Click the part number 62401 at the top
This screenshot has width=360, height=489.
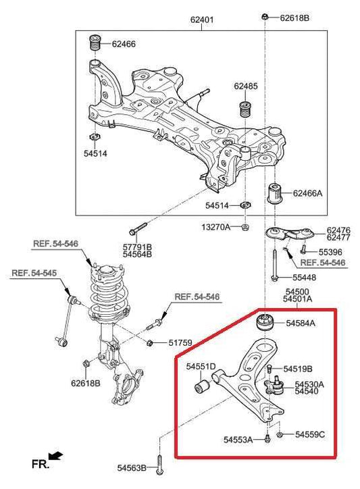click(x=201, y=20)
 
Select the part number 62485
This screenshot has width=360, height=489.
click(x=246, y=86)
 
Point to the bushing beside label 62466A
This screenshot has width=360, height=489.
click(x=276, y=193)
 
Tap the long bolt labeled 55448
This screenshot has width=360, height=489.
click(x=276, y=265)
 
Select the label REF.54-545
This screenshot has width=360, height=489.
click(x=34, y=274)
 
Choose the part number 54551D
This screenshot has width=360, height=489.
click(x=201, y=367)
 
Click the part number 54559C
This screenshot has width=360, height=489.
click(x=309, y=434)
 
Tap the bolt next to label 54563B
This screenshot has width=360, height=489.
click(x=159, y=466)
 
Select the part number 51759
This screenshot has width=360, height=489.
click(x=182, y=343)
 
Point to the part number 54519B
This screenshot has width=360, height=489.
click(x=297, y=369)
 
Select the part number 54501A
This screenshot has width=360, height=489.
click(x=297, y=298)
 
